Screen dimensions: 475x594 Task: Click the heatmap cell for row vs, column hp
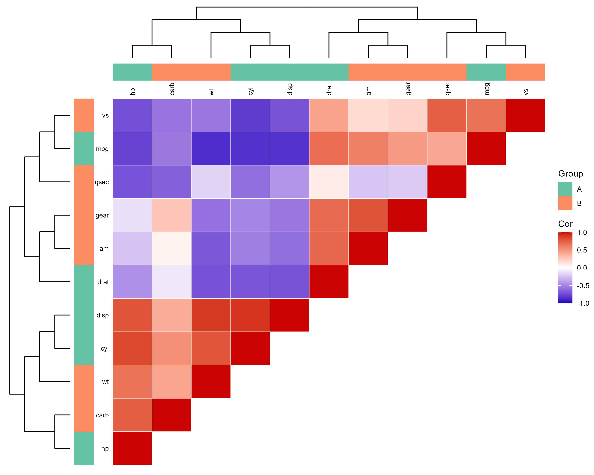coord(132,115)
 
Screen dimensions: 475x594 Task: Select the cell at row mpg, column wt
coord(211,148)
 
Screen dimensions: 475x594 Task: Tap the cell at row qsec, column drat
coord(329,182)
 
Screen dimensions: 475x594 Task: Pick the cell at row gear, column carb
coord(171,215)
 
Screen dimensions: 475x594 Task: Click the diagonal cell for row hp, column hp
coord(132,448)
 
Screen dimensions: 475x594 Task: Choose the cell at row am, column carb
coord(171,248)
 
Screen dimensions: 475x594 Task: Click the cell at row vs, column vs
coord(525,115)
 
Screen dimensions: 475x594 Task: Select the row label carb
coord(102,415)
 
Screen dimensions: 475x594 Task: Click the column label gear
coord(408,89)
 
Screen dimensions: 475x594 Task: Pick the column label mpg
coord(486,89)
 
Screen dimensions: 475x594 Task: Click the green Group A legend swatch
coord(565,189)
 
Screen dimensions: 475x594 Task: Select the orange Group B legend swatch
coord(565,203)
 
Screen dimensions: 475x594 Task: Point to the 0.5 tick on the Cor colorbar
coord(582,250)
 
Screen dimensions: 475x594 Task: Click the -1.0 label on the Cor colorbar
coord(583,303)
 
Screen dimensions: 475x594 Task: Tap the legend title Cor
coord(565,224)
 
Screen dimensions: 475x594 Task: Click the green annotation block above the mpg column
coord(486,72)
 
